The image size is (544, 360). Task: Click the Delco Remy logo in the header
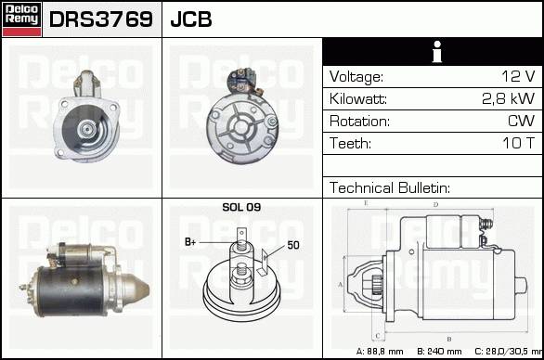(x=21, y=19)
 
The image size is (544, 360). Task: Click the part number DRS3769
(x=101, y=19)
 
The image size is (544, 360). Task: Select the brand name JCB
(x=191, y=19)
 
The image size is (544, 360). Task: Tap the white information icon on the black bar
(x=437, y=52)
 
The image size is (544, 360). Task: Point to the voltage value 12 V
(x=518, y=76)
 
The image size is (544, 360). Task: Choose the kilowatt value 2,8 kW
(x=509, y=98)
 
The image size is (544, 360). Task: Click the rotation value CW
(x=521, y=121)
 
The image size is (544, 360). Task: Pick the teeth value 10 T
(x=518, y=143)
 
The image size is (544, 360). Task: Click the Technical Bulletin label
(x=390, y=187)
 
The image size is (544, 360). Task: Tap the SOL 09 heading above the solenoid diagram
(x=241, y=207)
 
